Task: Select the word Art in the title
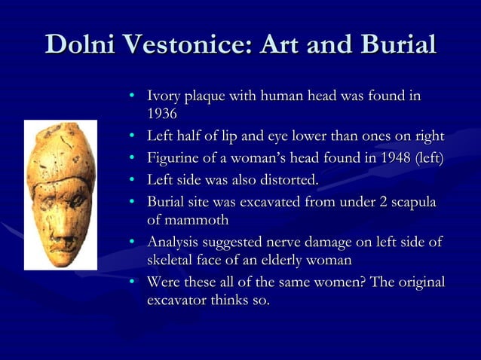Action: click(x=283, y=44)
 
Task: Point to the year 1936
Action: click(x=162, y=114)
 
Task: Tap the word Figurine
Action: click(x=174, y=158)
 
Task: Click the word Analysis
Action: click(x=175, y=243)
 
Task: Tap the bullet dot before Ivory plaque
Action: click(x=131, y=96)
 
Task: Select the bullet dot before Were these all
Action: click(x=131, y=283)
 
